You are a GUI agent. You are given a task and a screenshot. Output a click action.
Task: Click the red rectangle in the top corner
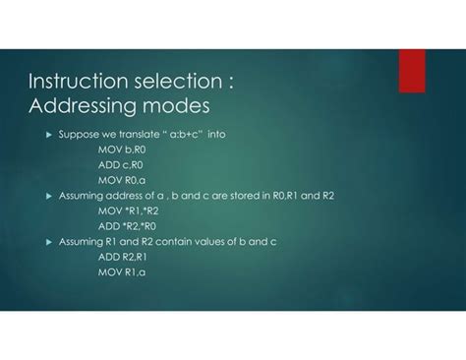pos(411,70)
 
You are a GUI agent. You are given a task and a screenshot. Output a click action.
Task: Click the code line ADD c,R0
pos(120,165)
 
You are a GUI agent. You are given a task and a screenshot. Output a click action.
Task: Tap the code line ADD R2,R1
pos(122,256)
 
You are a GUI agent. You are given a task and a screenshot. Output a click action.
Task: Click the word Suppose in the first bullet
pos(77,135)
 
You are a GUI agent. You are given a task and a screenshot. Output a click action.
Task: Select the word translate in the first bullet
pos(134,135)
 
